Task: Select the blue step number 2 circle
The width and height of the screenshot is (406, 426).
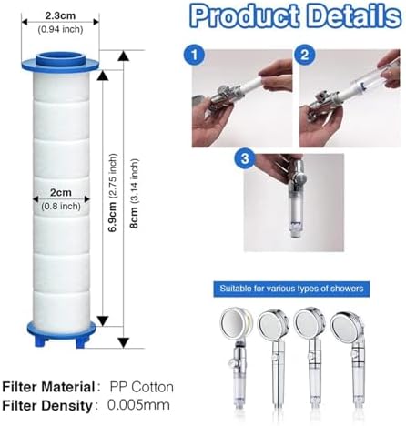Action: tap(302, 53)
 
